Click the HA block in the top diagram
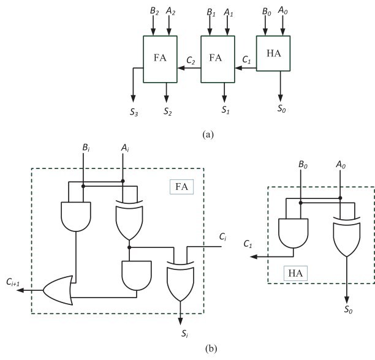[273, 53]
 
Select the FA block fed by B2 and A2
[160, 59]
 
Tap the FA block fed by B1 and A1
[218, 59]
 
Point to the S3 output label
[134, 112]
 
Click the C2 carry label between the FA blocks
[191, 61]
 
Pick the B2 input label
[154, 11]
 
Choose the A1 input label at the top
[228, 12]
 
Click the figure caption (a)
[208, 135]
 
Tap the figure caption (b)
[211, 349]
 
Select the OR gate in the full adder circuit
[58, 290]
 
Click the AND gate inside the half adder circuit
[294, 233]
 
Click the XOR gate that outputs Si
[181, 281]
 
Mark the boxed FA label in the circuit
[181, 187]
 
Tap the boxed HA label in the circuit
[295, 273]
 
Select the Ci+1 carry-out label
[13, 282]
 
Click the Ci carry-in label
[222, 237]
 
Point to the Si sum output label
[184, 333]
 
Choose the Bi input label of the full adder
[86, 148]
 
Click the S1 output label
[225, 110]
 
